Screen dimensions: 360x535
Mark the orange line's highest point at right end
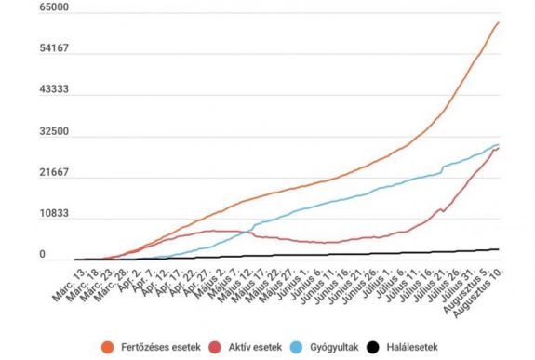coord(500,22)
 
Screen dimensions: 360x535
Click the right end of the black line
coord(500,249)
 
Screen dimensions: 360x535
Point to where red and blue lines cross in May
coord(252,232)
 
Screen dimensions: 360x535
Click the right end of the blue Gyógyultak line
coord(500,144)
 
